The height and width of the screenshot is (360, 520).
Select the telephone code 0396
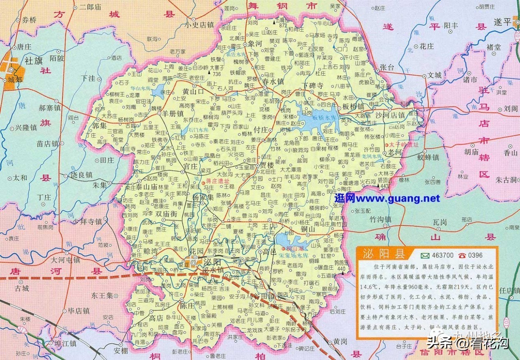coord(475,255)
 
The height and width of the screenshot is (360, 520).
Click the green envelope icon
coord(425,255)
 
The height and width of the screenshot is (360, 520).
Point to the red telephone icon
coord(462,255)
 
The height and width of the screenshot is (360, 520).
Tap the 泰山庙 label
coord(146,187)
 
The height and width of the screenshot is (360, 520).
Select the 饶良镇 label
coord(81,175)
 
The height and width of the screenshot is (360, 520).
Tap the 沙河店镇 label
coord(390,115)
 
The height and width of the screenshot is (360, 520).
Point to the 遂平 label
coord(502,22)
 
